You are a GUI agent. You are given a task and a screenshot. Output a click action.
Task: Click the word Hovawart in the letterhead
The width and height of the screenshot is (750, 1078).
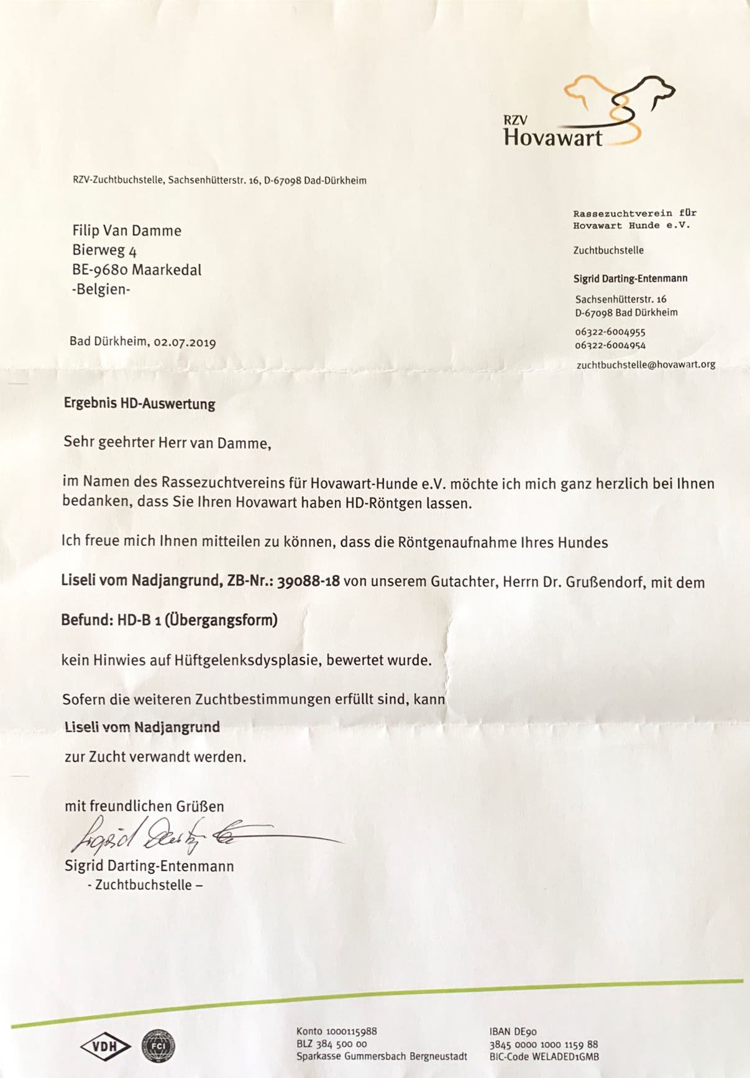[x=552, y=137]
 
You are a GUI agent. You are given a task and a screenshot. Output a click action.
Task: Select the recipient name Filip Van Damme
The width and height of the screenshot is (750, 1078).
[x=127, y=231]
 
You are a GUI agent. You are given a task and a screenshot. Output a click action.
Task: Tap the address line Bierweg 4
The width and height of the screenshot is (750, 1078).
[x=104, y=250]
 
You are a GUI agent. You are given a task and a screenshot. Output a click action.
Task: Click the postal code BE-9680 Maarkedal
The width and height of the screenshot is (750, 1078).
[x=137, y=270]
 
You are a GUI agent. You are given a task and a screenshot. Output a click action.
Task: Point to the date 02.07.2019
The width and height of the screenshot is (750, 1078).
[x=185, y=342]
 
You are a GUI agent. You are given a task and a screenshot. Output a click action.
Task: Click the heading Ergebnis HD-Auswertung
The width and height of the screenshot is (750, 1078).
[x=139, y=403]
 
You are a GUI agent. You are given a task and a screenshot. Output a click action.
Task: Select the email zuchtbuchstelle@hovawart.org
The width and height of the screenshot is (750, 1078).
[x=646, y=364]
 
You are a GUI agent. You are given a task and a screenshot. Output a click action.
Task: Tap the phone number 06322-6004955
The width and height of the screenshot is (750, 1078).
[x=610, y=332]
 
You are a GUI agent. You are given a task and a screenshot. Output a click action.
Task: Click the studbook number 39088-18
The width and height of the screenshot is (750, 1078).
[x=308, y=581]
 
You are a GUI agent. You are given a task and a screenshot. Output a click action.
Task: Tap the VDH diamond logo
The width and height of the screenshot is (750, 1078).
[x=104, y=1048]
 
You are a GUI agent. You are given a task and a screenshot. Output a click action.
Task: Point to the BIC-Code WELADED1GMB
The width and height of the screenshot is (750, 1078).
[x=544, y=1056]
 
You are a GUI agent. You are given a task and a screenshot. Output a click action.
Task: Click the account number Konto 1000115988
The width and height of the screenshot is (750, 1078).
[x=336, y=1031]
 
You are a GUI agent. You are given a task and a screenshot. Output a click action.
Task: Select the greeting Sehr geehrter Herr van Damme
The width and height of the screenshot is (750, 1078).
[x=167, y=443]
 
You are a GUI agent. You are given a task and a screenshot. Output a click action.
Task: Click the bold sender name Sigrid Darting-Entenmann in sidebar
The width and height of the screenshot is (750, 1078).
[x=629, y=279]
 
